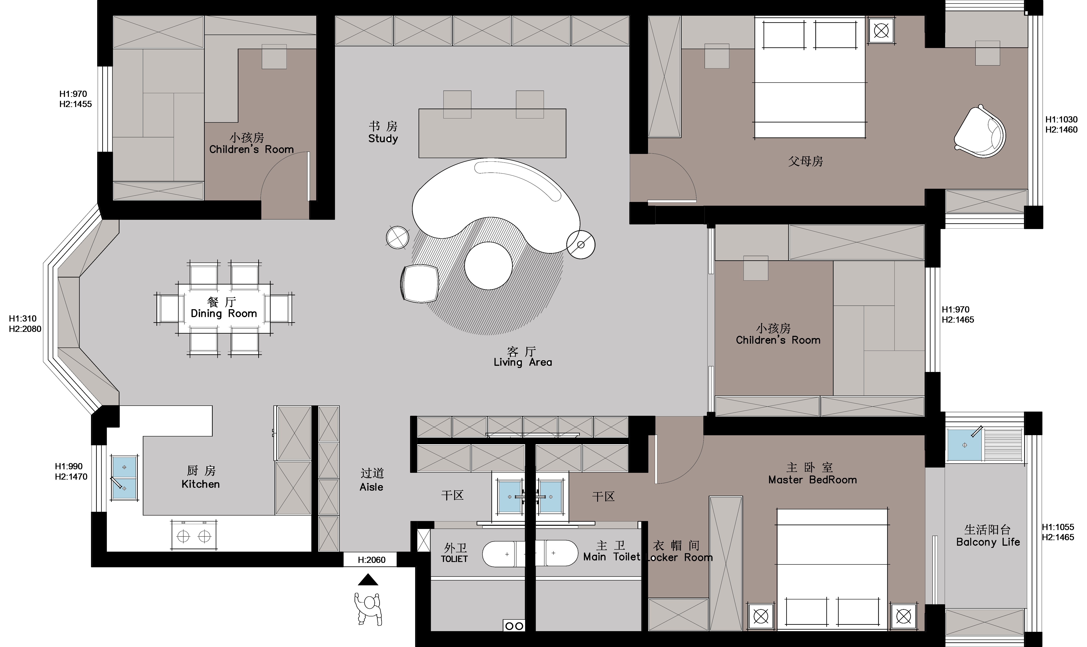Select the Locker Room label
pyautogui.click(x=679, y=557)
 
